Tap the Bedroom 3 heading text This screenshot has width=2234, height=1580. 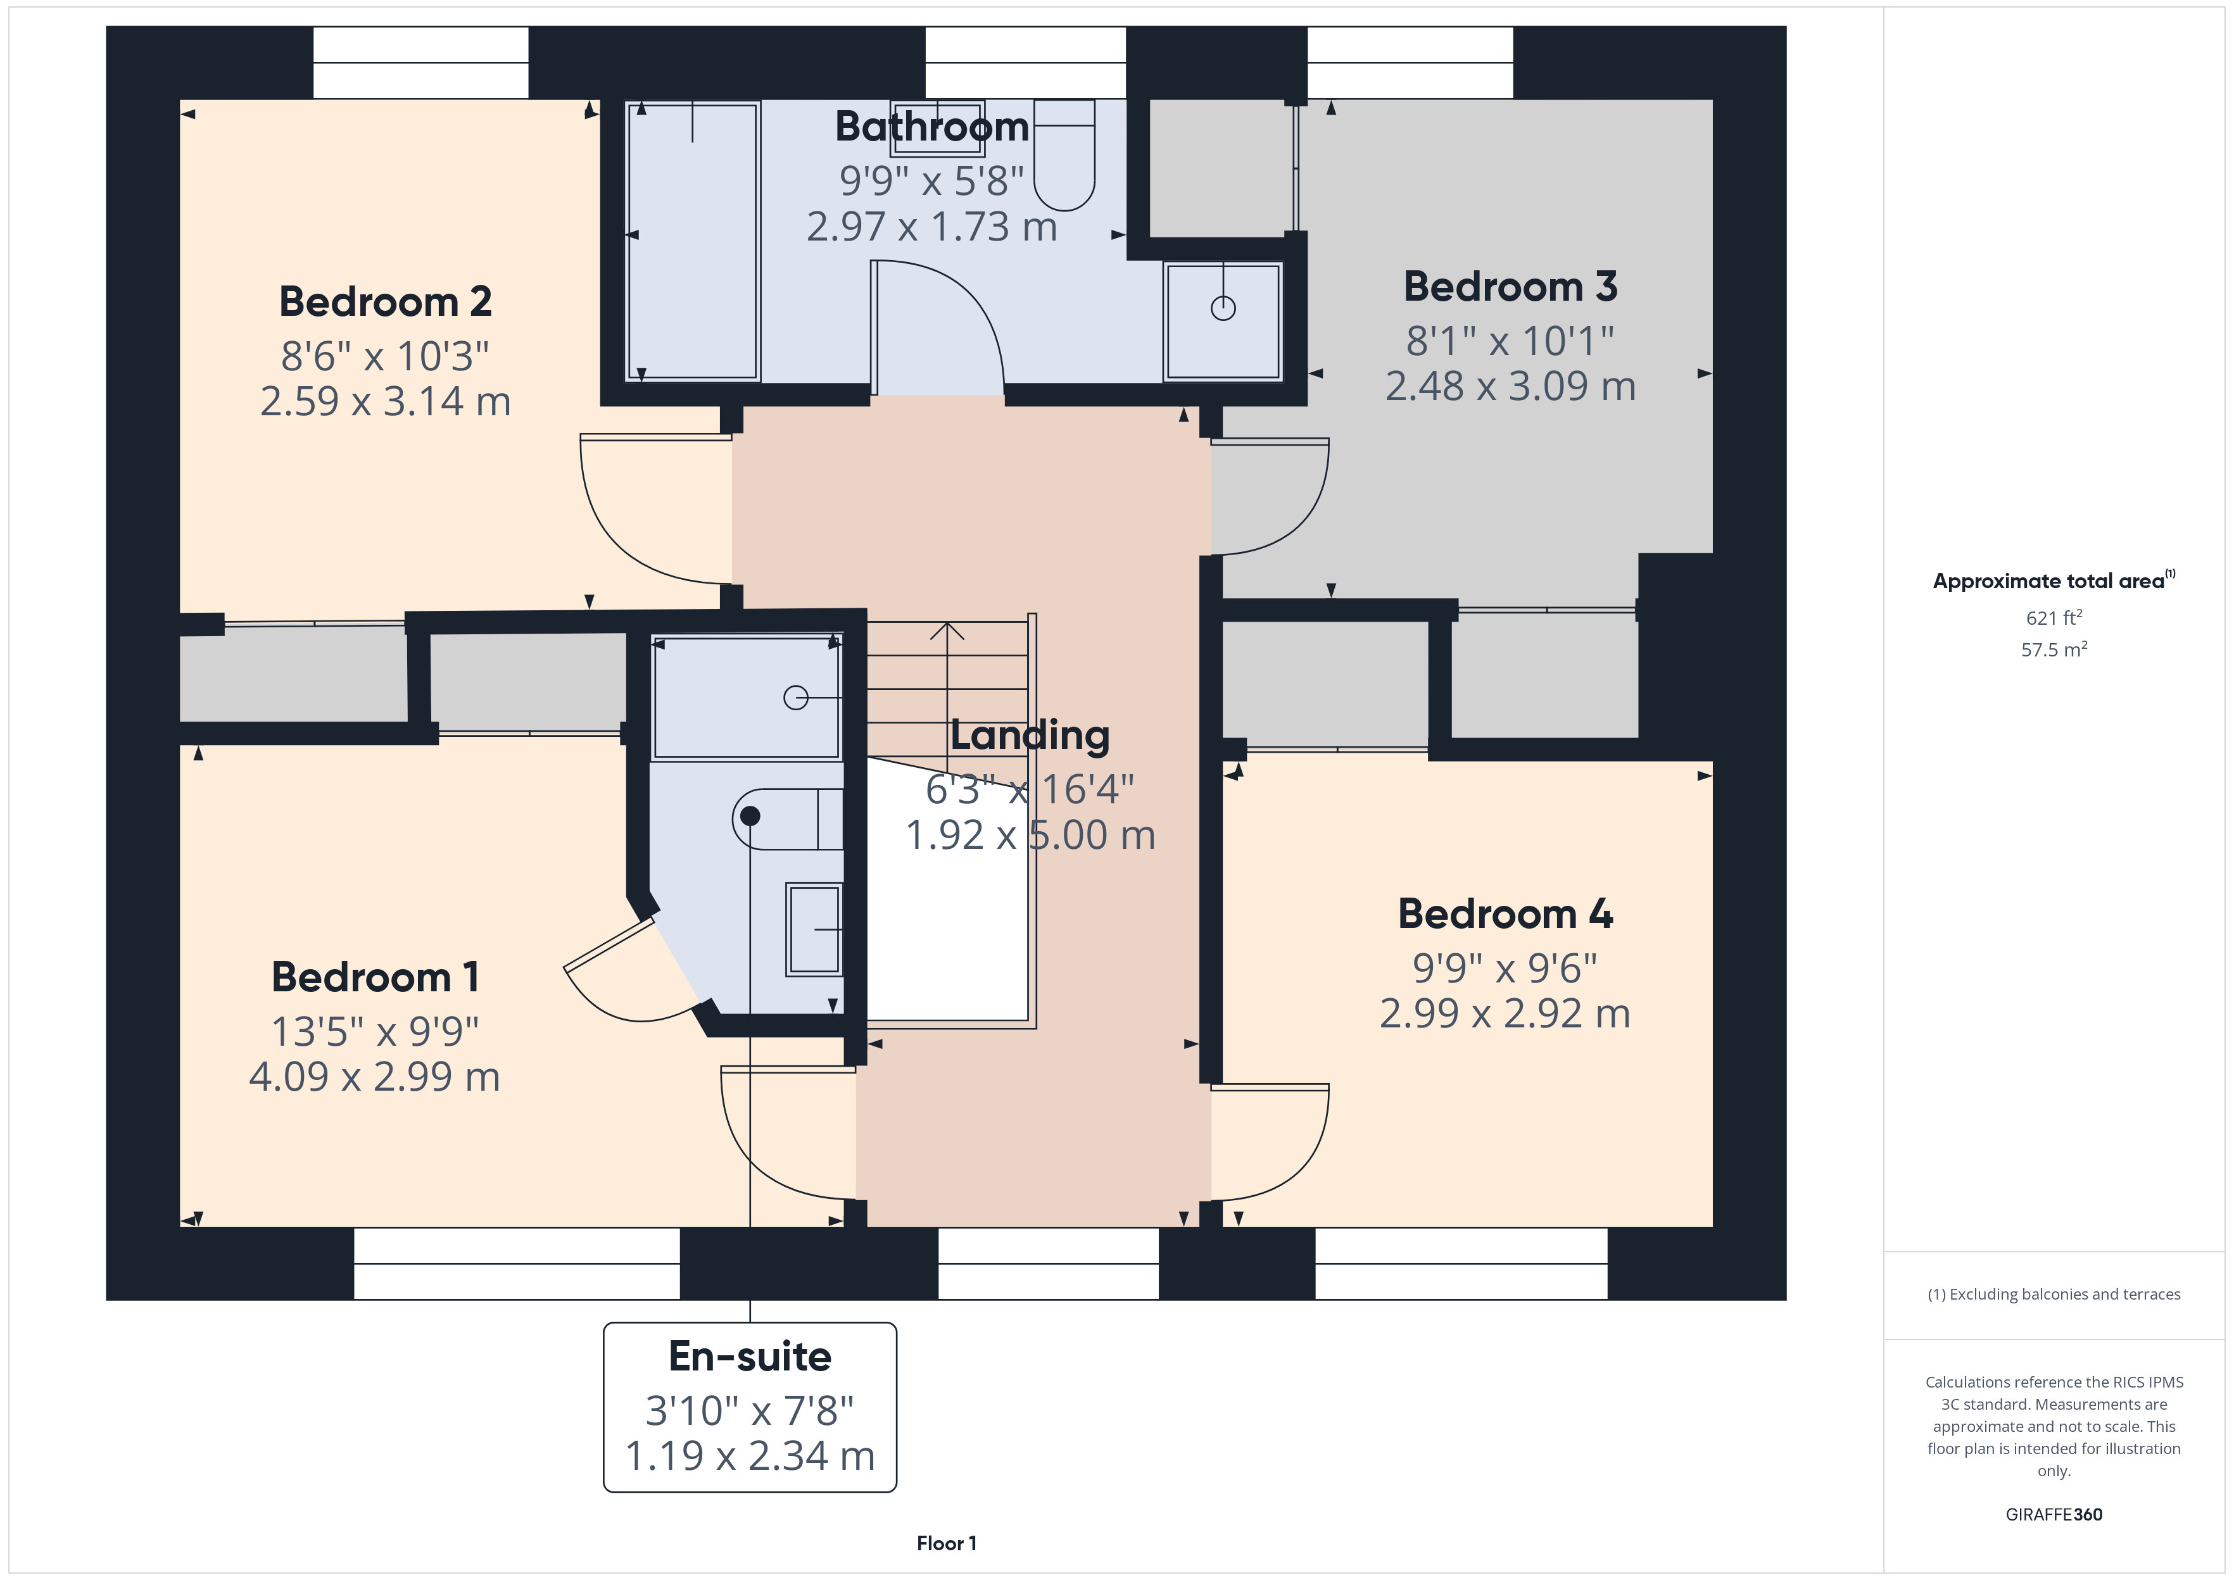[1510, 287]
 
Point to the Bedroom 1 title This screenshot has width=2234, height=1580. [375, 977]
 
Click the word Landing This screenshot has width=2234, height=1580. [1030, 736]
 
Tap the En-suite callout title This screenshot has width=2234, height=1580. [750, 1357]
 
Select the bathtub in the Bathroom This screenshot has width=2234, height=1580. [692, 241]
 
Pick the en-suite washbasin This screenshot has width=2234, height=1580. [814, 929]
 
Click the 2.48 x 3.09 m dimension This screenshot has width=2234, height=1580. [1510, 386]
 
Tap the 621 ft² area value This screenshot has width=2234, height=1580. [2054, 618]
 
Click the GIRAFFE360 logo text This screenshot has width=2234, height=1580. [2054, 1515]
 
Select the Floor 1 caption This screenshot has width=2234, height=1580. [947, 1543]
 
